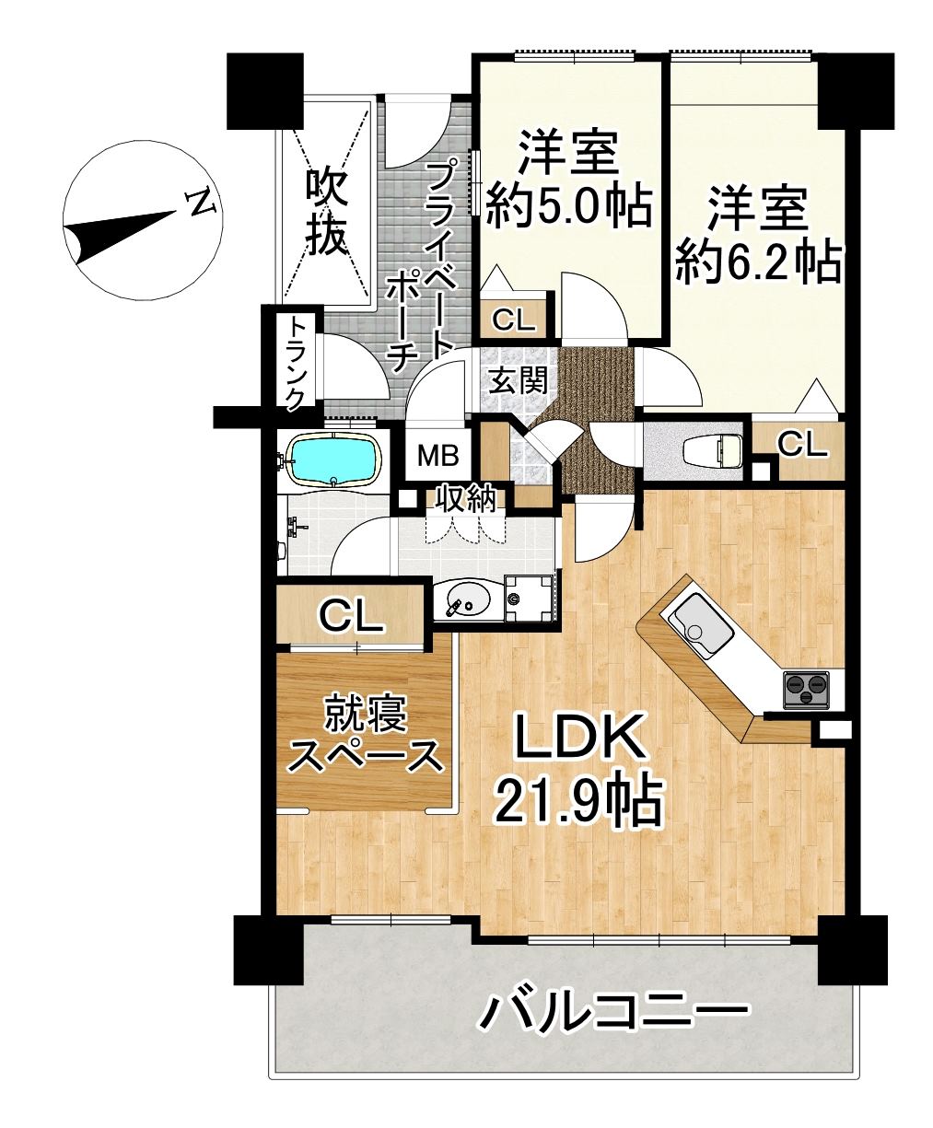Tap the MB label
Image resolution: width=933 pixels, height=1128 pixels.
[x=438, y=456]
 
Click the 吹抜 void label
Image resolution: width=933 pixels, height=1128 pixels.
[x=326, y=213]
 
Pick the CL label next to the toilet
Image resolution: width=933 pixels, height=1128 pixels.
[x=801, y=445]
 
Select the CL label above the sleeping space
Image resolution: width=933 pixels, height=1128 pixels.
[x=351, y=615]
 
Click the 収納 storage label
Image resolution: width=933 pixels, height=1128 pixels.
[x=467, y=501]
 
